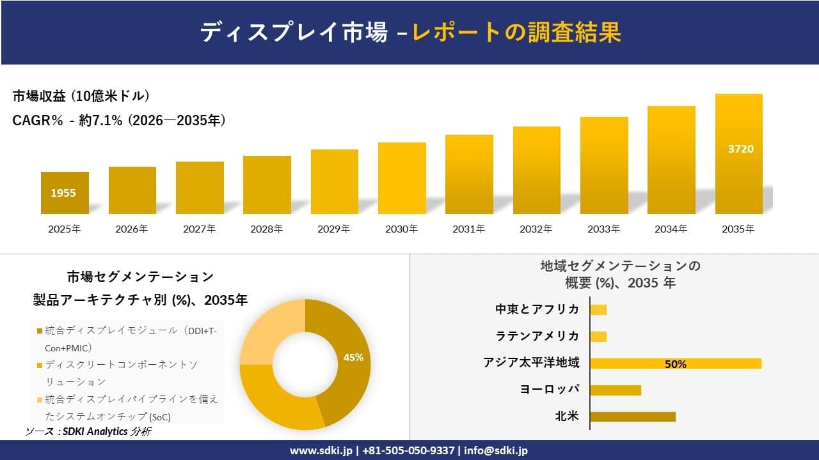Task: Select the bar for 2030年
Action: pyautogui.click(x=402, y=178)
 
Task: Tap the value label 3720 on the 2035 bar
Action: pyautogui.click(x=741, y=149)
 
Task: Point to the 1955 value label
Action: pyautogui.click(x=63, y=192)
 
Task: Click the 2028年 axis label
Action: pyautogui.click(x=266, y=229)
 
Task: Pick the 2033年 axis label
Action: pyautogui.click(x=603, y=229)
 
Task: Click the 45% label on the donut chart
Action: pyautogui.click(x=353, y=357)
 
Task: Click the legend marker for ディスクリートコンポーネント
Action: pyautogui.click(x=40, y=365)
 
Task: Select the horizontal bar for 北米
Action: pyautogui.click(x=632, y=417)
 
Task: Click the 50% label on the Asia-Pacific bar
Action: pyautogui.click(x=675, y=364)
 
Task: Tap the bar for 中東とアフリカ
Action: pyautogui.click(x=598, y=310)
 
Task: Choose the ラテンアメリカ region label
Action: pyautogui.click(x=537, y=336)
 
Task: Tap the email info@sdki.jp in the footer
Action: pyautogui.click(x=496, y=450)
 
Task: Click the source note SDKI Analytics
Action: pyautogui.click(x=94, y=432)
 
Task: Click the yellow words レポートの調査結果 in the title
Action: pyautogui.click(x=516, y=32)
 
